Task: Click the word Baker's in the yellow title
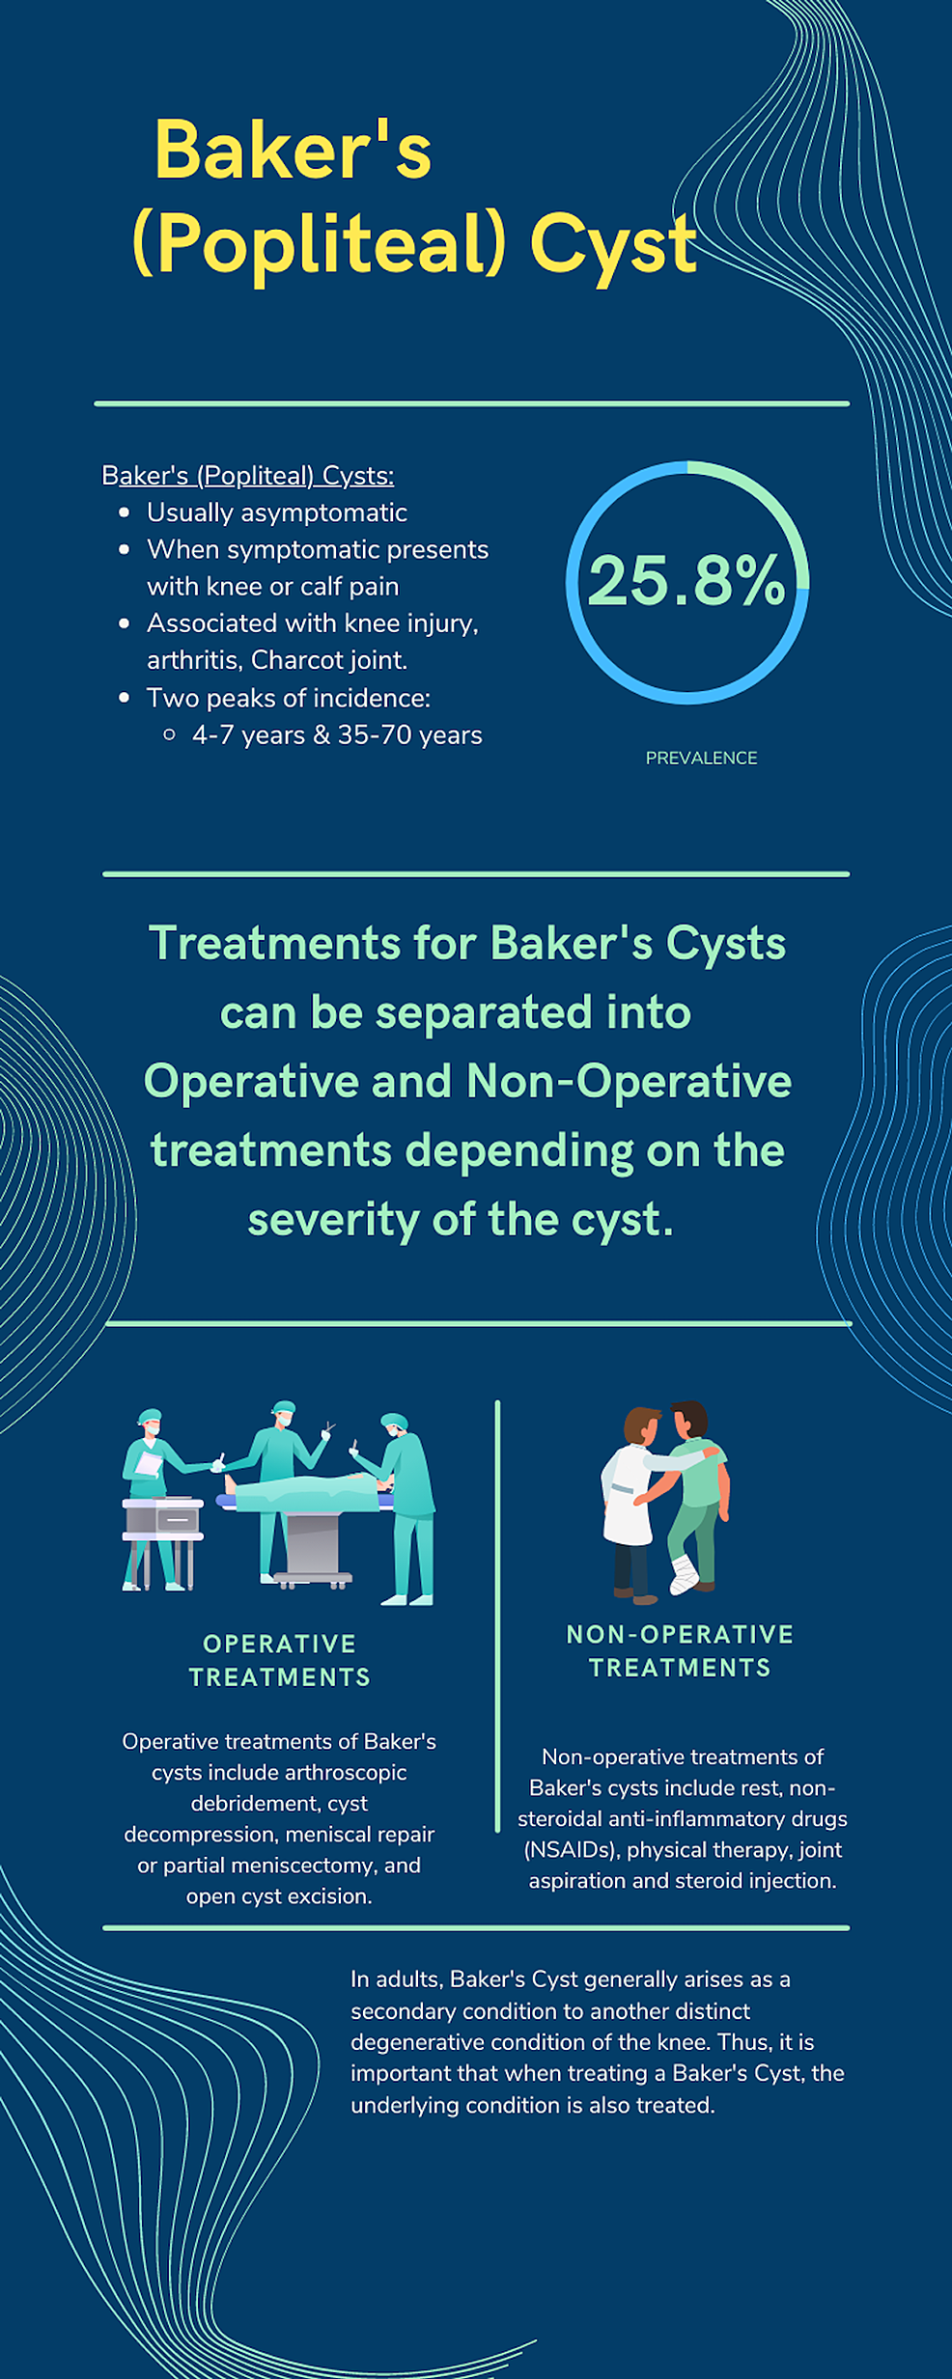click(293, 152)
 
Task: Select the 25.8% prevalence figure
click(686, 581)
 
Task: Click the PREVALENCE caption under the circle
click(701, 759)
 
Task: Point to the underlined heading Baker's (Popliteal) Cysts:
click(247, 476)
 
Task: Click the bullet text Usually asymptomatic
click(276, 512)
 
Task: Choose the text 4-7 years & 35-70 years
click(337, 735)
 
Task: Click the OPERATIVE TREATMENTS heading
click(280, 1660)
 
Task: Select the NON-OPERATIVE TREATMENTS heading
click(680, 1650)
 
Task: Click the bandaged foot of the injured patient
click(684, 1572)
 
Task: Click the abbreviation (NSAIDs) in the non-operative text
click(571, 1849)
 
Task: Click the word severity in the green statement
click(333, 1220)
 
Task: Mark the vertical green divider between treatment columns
click(497, 1612)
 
